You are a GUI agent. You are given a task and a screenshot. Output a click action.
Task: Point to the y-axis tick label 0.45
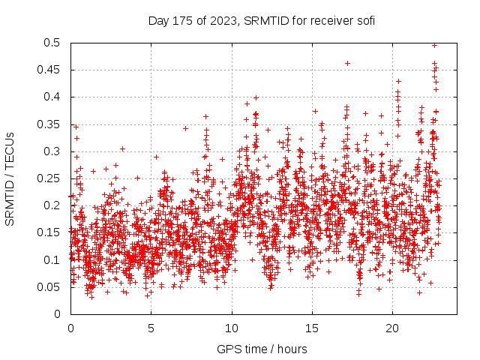[51, 70]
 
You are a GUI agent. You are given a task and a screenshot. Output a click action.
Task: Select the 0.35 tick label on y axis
[51, 124]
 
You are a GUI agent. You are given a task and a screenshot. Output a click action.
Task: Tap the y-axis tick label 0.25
[51, 178]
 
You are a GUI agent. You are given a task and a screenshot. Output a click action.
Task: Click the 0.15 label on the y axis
[51, 232]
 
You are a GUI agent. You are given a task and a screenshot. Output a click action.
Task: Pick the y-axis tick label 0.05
[51, 286]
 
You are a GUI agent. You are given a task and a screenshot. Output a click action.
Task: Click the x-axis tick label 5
[151, 328]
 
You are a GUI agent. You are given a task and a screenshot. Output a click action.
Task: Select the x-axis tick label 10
[232, 328]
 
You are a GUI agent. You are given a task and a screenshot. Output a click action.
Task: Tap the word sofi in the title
[364, 20]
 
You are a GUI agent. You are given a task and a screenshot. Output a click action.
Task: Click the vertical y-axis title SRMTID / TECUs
[10, 178]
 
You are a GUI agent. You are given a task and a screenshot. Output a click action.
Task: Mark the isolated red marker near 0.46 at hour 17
[347, 63]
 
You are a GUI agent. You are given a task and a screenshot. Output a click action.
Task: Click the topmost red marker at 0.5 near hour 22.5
[434, 45]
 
